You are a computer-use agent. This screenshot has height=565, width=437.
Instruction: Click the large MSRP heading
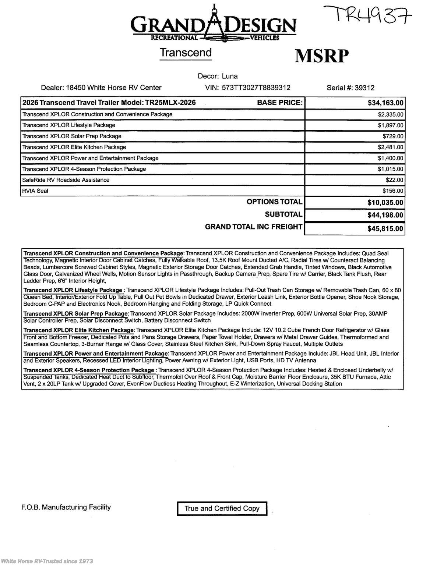321,56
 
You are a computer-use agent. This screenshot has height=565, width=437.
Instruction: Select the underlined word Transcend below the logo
186,53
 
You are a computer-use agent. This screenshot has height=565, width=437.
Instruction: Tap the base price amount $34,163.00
385,103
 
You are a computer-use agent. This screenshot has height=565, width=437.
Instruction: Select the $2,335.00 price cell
391,114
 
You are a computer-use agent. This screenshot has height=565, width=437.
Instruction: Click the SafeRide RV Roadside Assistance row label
66,180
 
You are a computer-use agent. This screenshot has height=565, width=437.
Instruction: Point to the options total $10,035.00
385,202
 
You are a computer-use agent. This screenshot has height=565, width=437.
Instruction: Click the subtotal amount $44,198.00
385,215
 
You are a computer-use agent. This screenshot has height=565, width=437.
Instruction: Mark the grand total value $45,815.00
385,228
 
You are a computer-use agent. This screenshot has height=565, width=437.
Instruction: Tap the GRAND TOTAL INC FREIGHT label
254,227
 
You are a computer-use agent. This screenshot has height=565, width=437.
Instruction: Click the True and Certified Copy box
222,508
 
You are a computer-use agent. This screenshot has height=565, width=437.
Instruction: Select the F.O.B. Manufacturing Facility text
66,507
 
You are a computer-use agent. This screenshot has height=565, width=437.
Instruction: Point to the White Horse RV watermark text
47,561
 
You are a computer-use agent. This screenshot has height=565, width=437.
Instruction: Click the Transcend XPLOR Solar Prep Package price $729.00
393,136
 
